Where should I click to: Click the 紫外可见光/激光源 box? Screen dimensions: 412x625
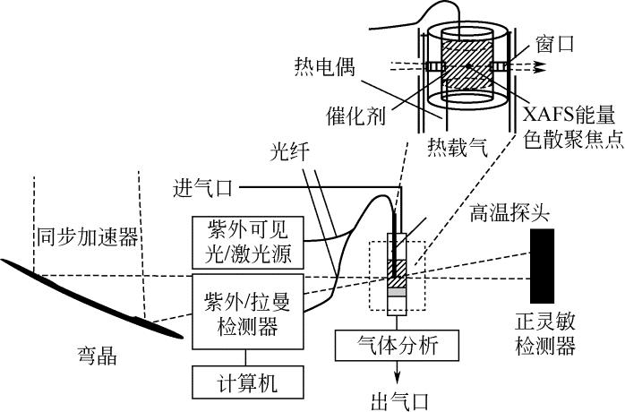point(248,242)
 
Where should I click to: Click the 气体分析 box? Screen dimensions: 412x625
point(398,344)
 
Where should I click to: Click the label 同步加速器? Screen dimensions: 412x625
point(87,236)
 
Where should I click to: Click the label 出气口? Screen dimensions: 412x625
point(398,397)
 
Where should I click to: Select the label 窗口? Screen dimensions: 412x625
point(555,40)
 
